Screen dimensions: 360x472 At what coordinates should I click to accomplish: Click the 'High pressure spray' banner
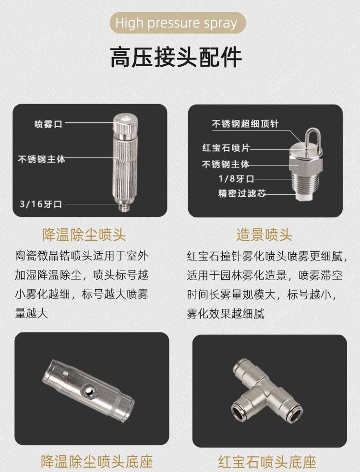[178, 23]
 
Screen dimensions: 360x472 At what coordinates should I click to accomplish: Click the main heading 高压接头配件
[176, 57]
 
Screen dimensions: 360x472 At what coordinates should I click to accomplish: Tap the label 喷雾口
[48, 124]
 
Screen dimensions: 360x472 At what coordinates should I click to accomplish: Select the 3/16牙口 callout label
[41, 204]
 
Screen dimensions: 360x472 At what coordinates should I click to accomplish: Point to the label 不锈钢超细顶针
[245, 124]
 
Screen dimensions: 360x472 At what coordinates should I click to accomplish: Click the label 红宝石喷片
[226, 148]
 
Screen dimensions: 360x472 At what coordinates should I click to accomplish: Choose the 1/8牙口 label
[237, 178]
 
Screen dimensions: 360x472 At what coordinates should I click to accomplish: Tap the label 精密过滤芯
[242, 193]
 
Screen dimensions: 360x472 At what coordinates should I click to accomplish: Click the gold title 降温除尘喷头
[84, 235]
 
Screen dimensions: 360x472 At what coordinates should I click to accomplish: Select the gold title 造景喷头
[264, 235]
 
